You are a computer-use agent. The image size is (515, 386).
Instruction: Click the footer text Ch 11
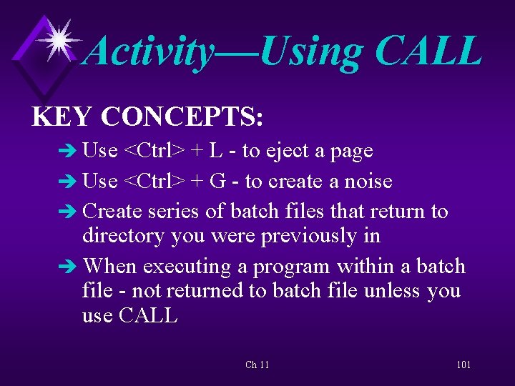tap(257, 365)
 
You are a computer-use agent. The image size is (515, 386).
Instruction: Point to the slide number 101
tap(463, 365)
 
